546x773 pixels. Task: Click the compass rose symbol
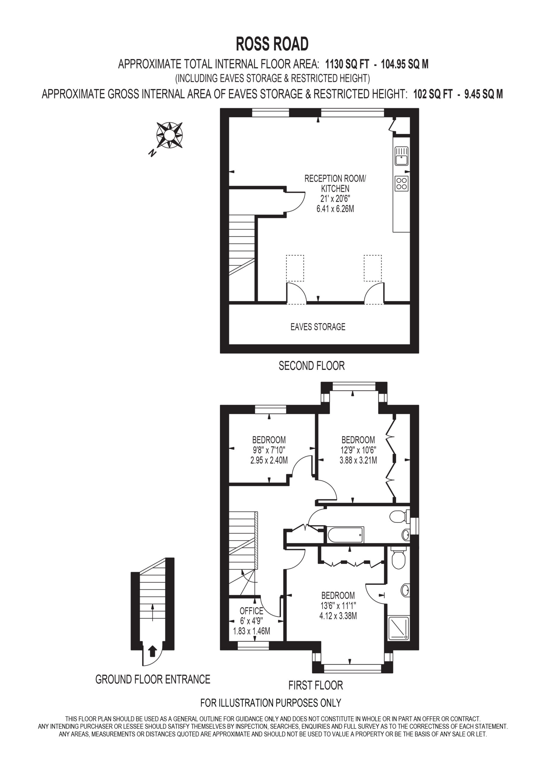[x=170, y=135]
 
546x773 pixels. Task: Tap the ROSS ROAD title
[x=272, y=44]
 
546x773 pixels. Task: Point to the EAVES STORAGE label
[x=318, y=327]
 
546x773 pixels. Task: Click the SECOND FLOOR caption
[x=312, y=366]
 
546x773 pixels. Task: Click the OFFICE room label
[x=251, y=611]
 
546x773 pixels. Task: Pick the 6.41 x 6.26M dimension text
[x=335, y=209]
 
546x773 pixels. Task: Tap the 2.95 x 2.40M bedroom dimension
[x=269, y=460]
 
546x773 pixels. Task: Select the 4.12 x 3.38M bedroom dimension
[x=338, y=616]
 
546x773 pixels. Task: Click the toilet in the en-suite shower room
[x=399, y=557]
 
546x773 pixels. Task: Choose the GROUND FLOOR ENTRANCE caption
[x=153, y=679]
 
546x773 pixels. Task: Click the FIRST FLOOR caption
[x=316, y=685]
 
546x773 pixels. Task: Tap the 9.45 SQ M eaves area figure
[x=484, y=94]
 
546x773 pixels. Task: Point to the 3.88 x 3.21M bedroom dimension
[x=358, y=460]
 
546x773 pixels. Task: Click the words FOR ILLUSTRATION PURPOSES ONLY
[x=271, y=703]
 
